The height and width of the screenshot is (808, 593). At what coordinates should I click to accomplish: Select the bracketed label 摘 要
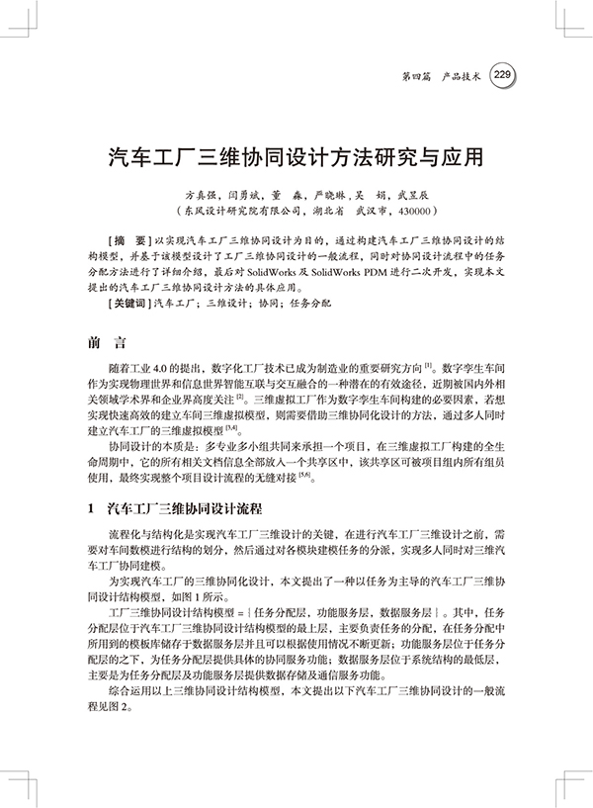coord(127,240)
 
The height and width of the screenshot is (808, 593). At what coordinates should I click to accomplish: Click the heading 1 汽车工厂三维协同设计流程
coord(176,506)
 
